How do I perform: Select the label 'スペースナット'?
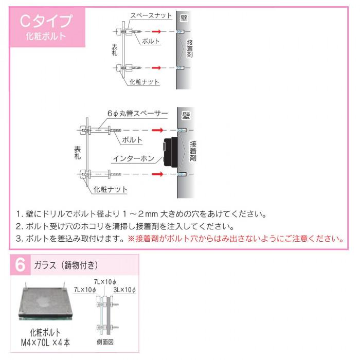point(151,16)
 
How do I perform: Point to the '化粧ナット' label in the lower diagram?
point(111,190)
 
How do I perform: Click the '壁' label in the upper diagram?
point(184,18)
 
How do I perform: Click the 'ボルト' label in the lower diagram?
point(132,139)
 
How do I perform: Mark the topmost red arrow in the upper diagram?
point(159,32)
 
